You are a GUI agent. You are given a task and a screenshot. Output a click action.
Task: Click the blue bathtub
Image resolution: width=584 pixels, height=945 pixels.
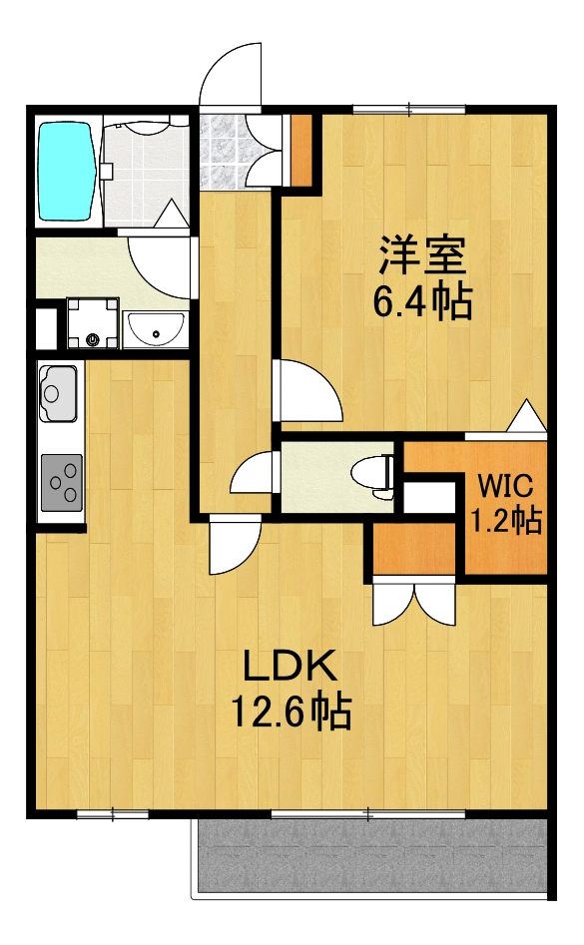click(67, 170)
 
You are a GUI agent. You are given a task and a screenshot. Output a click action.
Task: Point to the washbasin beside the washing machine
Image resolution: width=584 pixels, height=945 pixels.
click(156, 326)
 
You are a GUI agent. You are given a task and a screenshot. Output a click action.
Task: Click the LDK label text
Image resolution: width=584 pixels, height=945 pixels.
click(289, 663)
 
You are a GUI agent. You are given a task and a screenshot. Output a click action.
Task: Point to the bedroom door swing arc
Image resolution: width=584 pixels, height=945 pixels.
click(312, 392)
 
